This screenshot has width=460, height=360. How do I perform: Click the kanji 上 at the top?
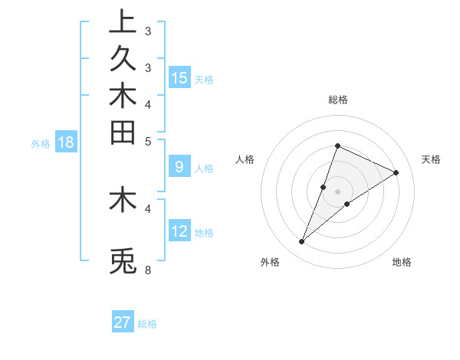point(123,22)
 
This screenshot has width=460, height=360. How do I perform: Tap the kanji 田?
point(123,132)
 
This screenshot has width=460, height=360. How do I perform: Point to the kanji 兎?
point(123,261)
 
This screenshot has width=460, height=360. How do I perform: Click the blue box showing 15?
point(179,77)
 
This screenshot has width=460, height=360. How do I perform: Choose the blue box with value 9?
point(179,166)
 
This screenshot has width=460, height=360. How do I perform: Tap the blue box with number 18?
point(66,142)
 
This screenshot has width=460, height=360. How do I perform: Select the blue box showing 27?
point(123,322)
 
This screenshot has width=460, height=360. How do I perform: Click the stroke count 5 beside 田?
point(148,141)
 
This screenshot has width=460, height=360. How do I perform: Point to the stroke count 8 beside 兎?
point(148,270)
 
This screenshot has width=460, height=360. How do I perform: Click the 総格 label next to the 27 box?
point(147,324)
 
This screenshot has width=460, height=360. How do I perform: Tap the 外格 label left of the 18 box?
point(41,143)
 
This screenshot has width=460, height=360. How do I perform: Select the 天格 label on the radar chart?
point(431,159)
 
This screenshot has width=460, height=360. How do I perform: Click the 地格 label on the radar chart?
point(402,262)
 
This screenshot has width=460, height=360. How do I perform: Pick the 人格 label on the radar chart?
point(245,159)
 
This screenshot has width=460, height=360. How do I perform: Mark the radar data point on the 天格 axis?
point(396,172)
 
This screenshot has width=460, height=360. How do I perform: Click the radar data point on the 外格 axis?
point(302,242)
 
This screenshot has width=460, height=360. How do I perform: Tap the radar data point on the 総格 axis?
point(337,146)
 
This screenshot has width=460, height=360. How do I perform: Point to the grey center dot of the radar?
point(337,191)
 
